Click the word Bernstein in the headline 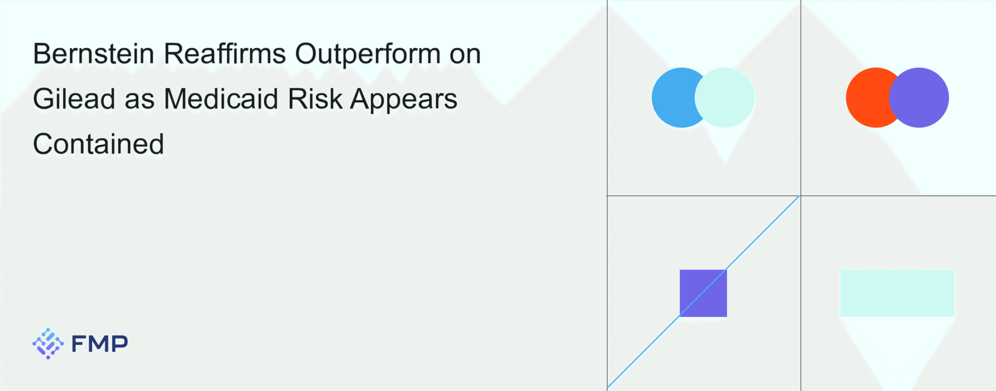94,54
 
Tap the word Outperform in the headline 368,54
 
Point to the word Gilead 74,99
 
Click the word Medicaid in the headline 221,99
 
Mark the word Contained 98,144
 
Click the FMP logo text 100,344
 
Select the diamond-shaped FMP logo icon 48,344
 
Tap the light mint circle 724,98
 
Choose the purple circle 919,98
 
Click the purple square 703,293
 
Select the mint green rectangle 897,293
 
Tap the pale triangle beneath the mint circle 724,142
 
